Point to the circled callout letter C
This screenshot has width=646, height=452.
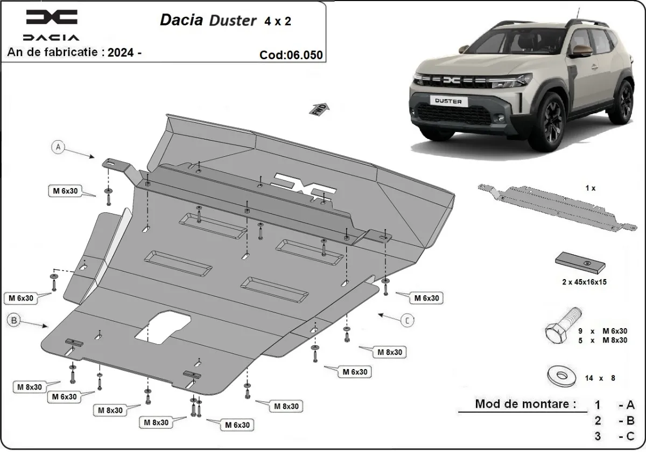[409, 320]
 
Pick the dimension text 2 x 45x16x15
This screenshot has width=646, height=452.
[581, 282]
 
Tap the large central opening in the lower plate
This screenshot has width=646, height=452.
[161, 326]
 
